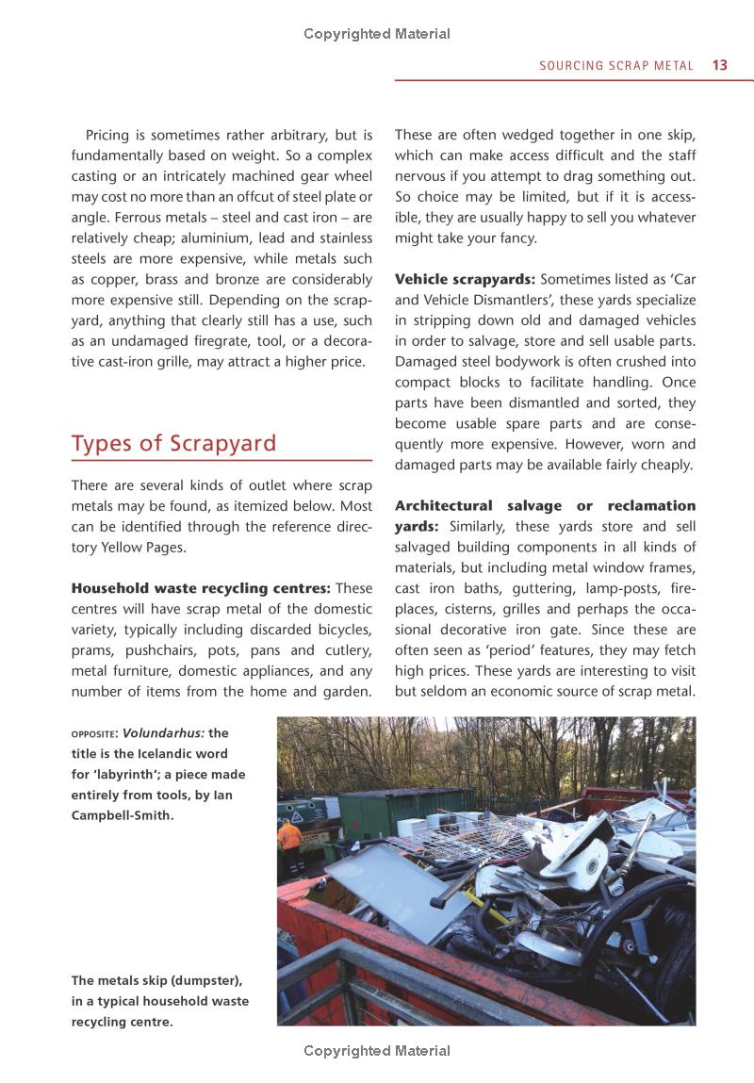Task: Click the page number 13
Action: tap(720, 66)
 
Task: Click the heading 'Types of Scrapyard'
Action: tap(174, 443)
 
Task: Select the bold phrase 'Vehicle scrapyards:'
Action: tap(465, 279)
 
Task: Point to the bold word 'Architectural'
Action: tap(443, 505)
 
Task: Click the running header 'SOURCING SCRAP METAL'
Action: tap(616, 66)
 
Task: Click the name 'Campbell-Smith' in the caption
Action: tap(122, 815)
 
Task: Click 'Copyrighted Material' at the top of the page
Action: tap(377, 34)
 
